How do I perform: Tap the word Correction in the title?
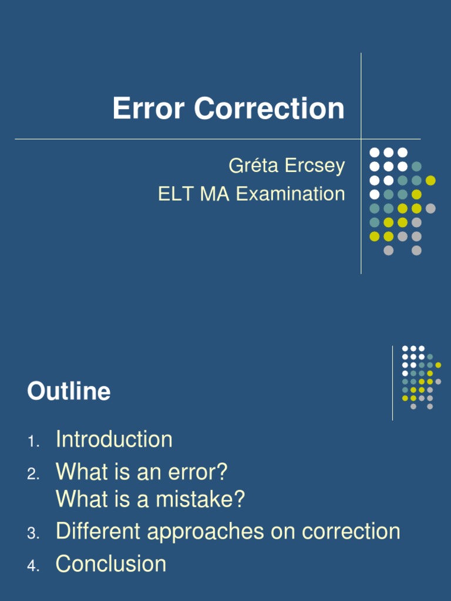pos(269,109)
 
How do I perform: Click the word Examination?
pos(291,194)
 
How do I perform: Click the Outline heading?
pos(69,391)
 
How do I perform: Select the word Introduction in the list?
pos(114,440)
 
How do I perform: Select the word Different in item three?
pos(97,532)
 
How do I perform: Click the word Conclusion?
pos(111,564)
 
